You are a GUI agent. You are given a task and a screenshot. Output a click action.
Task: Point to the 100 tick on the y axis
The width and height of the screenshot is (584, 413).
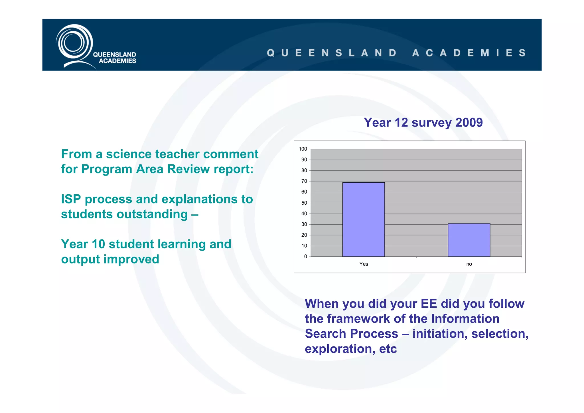(303, 149)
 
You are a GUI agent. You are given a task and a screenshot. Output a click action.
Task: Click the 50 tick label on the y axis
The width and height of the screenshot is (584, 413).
(304, 203)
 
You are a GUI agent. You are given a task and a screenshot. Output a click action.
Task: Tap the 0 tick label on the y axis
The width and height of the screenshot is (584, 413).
(305, 257)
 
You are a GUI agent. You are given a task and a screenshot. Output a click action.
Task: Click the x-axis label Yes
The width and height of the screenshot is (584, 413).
(364, 264)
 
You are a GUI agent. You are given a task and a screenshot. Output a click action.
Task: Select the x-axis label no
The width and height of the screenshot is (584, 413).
(469, 264)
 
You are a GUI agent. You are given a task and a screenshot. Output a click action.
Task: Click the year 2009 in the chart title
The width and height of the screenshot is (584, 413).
(469, 122)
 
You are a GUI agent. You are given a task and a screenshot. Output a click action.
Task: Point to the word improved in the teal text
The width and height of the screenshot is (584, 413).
(131, 259)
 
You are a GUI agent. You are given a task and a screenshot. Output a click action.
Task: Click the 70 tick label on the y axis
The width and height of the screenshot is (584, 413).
(304, 181)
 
